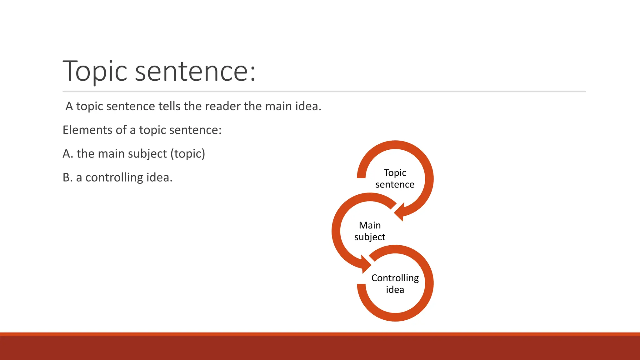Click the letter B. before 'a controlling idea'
67,177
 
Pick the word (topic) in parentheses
187,154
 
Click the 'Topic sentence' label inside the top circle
395,178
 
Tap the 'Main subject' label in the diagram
370,231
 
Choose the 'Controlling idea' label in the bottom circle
395,283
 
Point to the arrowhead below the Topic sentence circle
400,212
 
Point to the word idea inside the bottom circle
395,290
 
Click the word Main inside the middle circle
370,225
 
